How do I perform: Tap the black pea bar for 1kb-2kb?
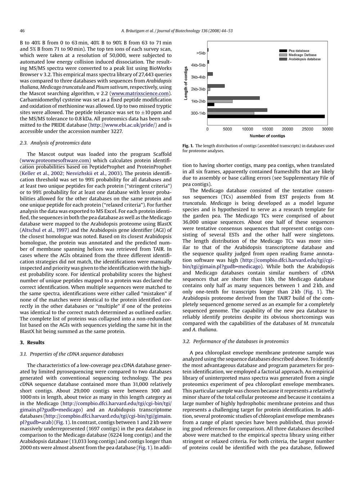211,104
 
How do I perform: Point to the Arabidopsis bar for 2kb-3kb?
216,86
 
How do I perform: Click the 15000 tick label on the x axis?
267,129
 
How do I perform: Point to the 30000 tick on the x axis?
327,129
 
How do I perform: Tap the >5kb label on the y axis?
201,53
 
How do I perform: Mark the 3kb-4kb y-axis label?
198,77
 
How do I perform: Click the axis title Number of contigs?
267,136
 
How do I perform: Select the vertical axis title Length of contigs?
186,83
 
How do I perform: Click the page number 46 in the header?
22,31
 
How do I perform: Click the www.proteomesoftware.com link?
55,161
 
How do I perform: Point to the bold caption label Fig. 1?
188,146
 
